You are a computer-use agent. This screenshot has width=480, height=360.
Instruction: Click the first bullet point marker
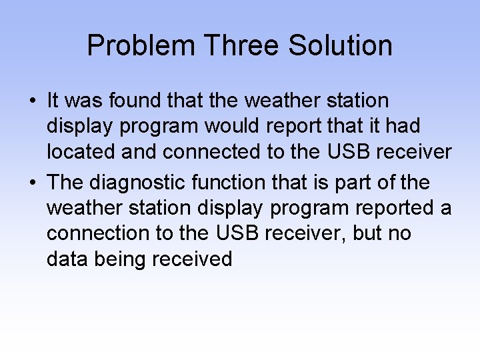click(32, 101)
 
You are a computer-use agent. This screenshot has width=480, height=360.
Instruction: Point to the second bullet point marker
click(32, 183)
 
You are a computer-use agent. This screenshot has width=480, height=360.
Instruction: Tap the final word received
click(193, 259)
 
